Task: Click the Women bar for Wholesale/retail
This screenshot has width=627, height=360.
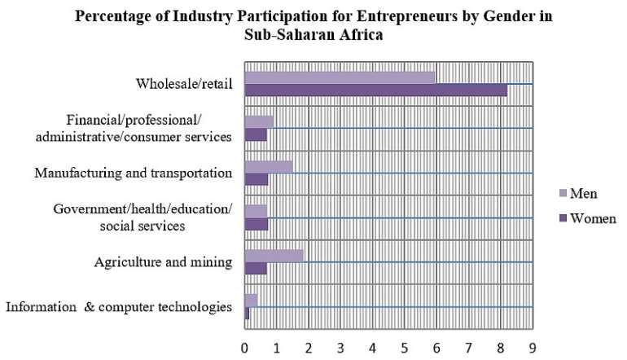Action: (375, 90)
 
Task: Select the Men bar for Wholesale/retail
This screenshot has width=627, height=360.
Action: (340, 77)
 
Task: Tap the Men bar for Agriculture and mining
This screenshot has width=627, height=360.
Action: (274, 256)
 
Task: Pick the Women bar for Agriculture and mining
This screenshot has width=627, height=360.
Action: (256, 268)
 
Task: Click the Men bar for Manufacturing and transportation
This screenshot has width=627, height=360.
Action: (269, 166)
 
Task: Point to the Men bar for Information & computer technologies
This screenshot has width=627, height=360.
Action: (251, 301)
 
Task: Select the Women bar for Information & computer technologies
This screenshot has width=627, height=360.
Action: (247, 313)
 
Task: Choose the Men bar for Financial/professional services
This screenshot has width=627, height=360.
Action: (259, 121)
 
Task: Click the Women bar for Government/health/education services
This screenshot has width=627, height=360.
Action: (256, 223)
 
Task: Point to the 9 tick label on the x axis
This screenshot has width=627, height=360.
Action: (533, 348)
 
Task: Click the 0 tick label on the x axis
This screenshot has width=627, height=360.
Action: (244, 348)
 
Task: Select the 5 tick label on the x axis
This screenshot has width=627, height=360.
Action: (405, 348)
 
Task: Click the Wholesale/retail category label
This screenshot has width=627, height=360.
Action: (184, 83)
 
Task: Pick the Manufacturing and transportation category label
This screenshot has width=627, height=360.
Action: (134, 173)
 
